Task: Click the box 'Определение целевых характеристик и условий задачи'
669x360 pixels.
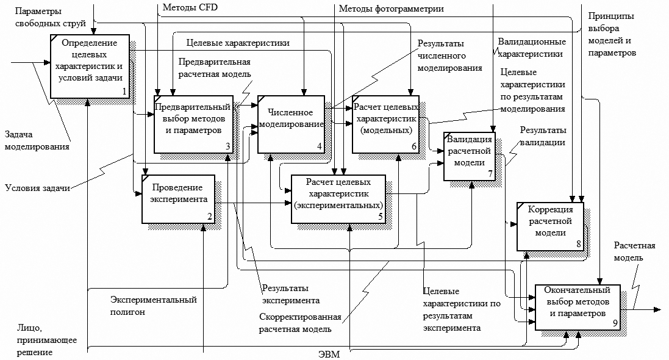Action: (x=90, y=66)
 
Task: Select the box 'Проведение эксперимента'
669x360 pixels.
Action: (x=179, y=199)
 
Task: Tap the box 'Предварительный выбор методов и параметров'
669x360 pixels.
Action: (x=193, y=123)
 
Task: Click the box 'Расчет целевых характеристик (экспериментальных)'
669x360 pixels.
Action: (x=338, y=199)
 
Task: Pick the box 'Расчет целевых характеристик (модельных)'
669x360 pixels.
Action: (x=385, y=123)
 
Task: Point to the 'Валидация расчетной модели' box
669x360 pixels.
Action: (x=469, y=156)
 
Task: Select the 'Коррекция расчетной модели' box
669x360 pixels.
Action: (x=549, y=226)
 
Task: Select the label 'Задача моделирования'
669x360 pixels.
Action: (x=37, y=140)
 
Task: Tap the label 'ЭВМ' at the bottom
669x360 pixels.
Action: (x=329, y=354)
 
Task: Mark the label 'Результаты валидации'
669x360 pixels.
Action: (x=543, y=137)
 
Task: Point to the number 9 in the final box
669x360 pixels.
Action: (x=615, y=323)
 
